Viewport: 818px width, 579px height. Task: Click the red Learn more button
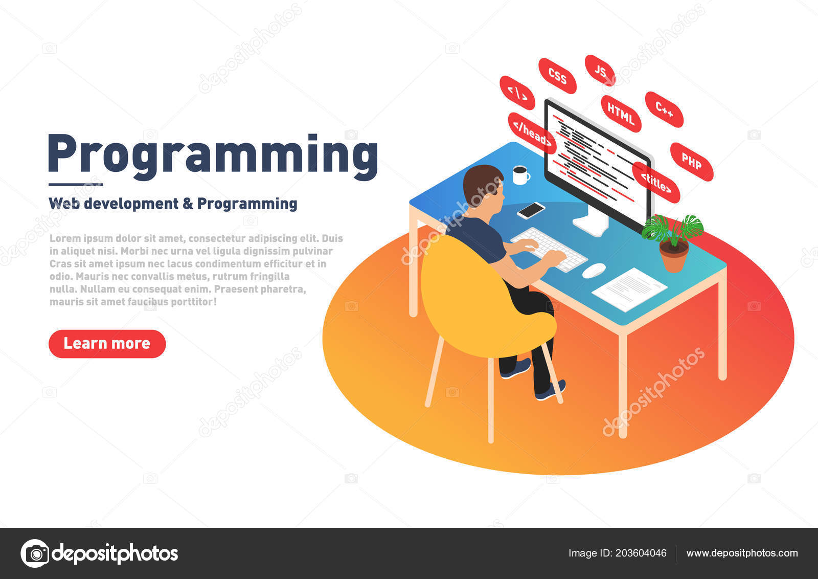pyautogui.click(x=107, y=344)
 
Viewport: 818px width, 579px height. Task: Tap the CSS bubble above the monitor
pyautogui.click(x=557, y=76)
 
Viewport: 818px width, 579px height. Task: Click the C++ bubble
pyautogui.click(x=664, y=109)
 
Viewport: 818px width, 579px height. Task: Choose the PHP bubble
pyautogui.click(x=691, y=162)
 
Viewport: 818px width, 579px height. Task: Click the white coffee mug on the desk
pyautogui.click(x=520, y=175)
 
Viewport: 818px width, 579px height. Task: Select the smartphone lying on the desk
pyautogui.click(x=531, y=210)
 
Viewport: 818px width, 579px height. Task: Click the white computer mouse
pyautogui.click(x=594, y=271)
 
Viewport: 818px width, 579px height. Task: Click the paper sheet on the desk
pyautogui.click(x=629, y=289)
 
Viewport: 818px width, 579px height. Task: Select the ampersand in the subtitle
pyautogui.click(x=188, y=204)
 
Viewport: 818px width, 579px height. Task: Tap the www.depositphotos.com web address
pyautogui.click(x=742, y=553)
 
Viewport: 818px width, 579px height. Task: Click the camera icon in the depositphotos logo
pyautogui.click(x=35, y=553)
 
